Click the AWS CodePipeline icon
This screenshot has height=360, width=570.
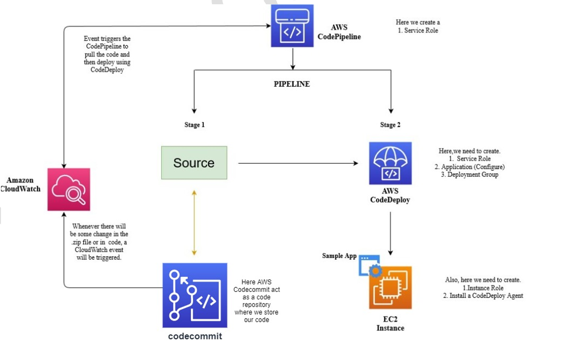coord(292,26)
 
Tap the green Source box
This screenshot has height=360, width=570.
coord(194,163)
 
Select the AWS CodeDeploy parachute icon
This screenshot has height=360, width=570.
coord(390,163)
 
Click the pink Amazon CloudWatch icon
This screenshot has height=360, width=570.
coord(69,189)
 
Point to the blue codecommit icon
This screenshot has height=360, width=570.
coord(194,295)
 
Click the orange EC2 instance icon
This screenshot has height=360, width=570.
coord(390,288)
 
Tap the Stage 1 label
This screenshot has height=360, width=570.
coord(194,125)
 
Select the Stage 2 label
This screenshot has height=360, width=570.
coord(390,125)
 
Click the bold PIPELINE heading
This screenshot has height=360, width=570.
coord(292,84)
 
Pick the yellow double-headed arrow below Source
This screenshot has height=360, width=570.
coord(194,222)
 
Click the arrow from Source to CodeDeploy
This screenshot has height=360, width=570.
coord(298,164)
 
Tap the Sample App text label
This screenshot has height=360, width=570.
coord(339,256)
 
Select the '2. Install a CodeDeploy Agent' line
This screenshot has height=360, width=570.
coord(483,296)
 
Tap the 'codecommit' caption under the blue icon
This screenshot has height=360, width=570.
coord(195,336)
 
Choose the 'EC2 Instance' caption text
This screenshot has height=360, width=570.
coord(390,324)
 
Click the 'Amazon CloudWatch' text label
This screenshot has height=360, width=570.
coord(20,184)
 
